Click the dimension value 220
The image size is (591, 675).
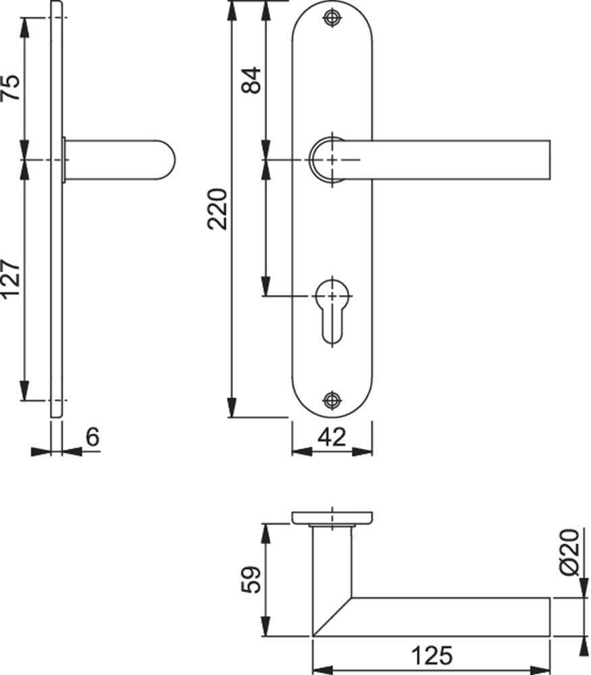217,209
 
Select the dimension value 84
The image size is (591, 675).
251,80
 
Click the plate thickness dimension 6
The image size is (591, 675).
93,437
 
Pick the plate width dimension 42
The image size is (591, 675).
332,437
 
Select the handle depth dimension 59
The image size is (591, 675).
251,580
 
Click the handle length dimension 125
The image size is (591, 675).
432,656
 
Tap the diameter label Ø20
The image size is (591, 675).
570,552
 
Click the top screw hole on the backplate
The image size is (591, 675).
332,18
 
